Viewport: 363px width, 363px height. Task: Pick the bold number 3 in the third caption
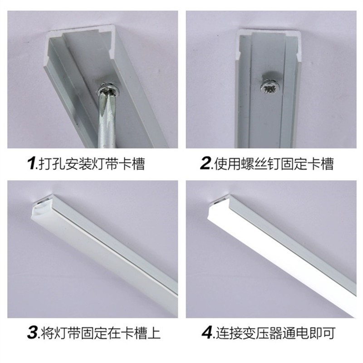click(x=32, y=334)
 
